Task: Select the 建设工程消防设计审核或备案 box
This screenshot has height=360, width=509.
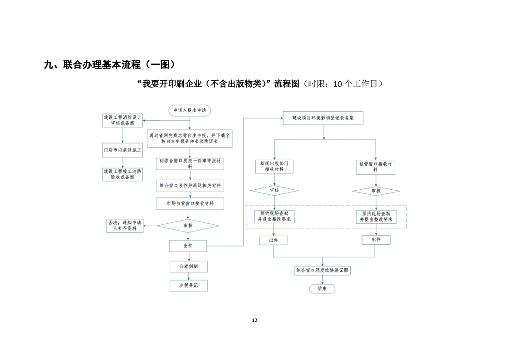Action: click(122, 120)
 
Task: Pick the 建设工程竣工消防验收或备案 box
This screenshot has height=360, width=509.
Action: click(122, 174)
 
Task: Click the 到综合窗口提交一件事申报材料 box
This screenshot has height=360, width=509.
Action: click(190, 163)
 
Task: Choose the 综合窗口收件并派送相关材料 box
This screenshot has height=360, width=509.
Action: click(190, 186)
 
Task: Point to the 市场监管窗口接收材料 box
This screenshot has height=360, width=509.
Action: click(190, 204)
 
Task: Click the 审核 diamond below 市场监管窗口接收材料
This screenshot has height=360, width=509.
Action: click(187, 225)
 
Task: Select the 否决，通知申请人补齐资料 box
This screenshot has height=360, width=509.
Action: click(124, 226)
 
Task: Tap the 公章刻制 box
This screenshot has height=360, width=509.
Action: click(188, 266)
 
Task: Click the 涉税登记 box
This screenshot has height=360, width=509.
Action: click(188, 286)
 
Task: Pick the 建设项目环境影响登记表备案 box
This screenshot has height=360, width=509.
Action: click(323, 118)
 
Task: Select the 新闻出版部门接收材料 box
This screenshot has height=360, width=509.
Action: click(274, 166)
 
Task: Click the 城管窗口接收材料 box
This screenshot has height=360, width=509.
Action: click(375, 166)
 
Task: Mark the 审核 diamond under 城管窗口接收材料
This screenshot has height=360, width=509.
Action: click(376, 191)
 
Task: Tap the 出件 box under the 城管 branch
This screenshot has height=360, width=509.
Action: click(376, 240)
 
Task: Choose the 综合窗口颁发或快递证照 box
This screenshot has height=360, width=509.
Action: click(322, 271)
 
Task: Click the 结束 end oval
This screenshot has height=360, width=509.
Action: click(322, 288)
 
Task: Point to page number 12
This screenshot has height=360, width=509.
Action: click(254, 321)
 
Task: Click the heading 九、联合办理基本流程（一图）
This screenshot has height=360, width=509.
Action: click(109, 64)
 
